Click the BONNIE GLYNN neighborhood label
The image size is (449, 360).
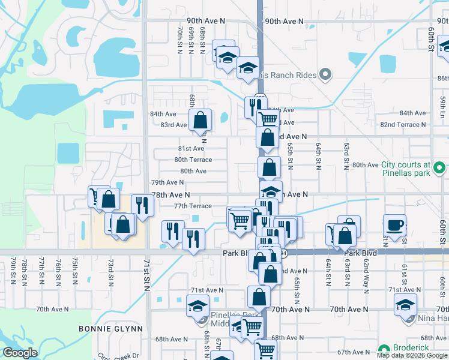(111, 329)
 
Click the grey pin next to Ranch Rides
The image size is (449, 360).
(326, 75)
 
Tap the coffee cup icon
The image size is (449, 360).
(394, 225)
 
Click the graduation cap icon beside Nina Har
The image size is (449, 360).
(406, 305)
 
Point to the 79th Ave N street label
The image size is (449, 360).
(167, 182)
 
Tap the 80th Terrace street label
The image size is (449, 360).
(193, 160)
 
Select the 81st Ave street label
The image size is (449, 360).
(191, 149)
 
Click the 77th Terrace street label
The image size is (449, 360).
(193, 206)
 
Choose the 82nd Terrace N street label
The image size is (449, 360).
(403, 124)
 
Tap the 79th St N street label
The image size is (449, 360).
(13, 270)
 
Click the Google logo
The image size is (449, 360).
(20, 353)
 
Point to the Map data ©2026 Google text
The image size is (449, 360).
(412, 355)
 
